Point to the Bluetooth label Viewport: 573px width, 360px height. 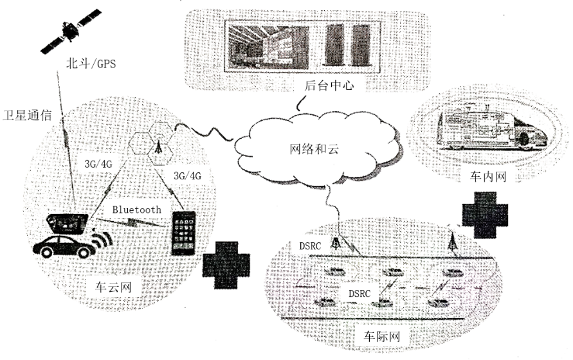[137, 210]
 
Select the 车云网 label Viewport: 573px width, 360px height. [109, 287]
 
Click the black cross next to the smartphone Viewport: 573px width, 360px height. [224, 265]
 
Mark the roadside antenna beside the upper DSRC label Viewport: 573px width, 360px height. [336, 243]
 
